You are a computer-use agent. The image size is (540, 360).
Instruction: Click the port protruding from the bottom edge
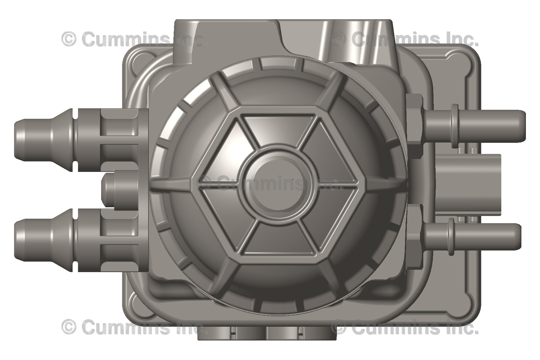coord(267,333)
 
